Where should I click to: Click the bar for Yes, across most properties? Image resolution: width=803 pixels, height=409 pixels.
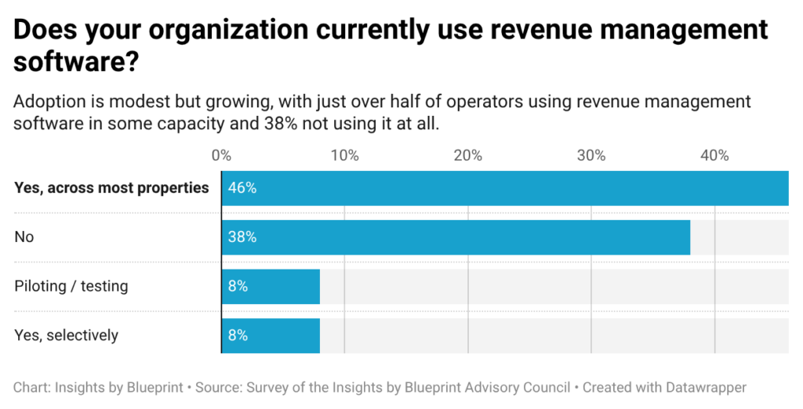[505, 188]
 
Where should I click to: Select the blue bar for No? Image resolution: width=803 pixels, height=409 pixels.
[456, 237]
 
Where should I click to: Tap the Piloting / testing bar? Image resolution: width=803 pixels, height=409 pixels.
[271, 287]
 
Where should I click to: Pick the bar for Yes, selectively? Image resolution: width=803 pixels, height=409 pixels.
[271, 336]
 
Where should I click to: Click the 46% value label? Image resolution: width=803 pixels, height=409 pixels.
[242, 188]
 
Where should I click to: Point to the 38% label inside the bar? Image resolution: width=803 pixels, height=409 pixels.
[242, 237]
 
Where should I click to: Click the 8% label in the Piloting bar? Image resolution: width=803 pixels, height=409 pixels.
[238, 286]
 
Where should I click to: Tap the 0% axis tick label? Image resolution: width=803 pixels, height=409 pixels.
[221, 155]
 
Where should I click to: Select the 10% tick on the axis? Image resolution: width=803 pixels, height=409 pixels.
[345, 155]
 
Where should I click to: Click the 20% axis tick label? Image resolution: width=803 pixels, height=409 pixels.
[468, 155]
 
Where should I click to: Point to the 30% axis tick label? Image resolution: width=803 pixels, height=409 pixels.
[591, 155]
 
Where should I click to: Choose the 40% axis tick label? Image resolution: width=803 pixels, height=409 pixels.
[715, 155]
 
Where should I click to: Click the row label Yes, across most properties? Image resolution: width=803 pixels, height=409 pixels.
[111, 188]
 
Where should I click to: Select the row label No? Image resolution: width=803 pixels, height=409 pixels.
[24, 237]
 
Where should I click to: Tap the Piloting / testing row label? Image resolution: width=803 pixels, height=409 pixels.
[71, 286]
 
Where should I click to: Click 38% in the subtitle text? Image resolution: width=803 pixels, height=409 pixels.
[281, 124]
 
